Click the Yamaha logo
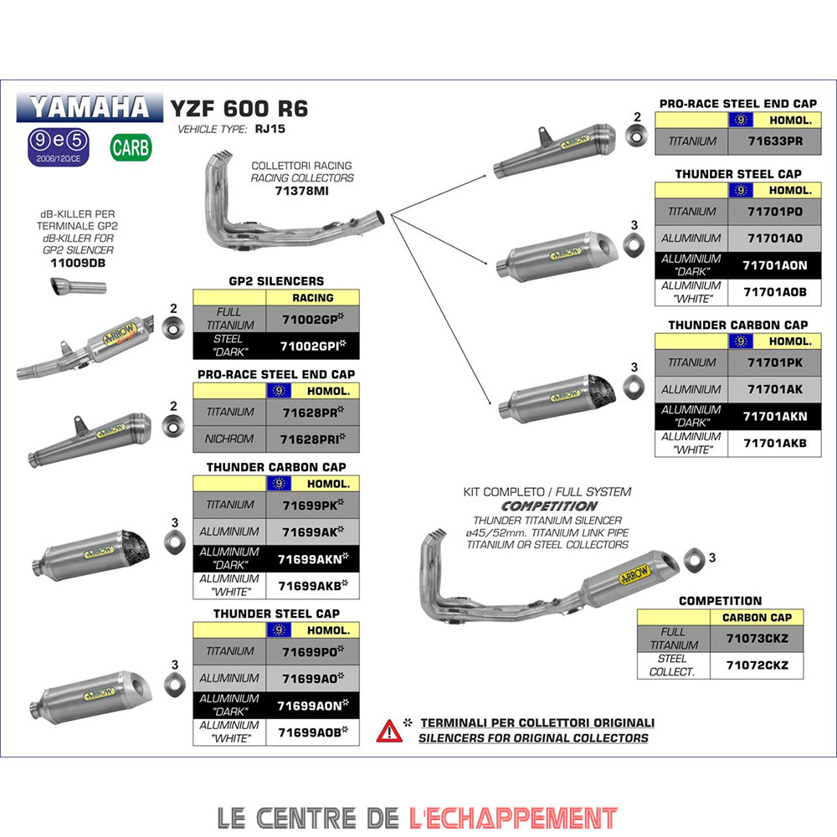pyautogui.click(x=88, y=107)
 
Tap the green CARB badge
pyautogui.click(x=131, y=147)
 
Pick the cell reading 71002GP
pyautogui.click(x=311, y=318)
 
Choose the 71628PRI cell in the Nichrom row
pyautogui.click(x=311, y=437)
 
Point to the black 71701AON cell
pyautogui.click(x=773, y=264)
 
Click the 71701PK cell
pyautogui.click(x=773, y=362)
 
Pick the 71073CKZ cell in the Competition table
pyautogui.click(x=757, y=639)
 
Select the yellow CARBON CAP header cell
pyautogui.click(x=757, y=618)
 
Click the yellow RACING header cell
pyautogui.click(x=311, y=297)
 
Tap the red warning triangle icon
pyautogui.click(x=388, y=731)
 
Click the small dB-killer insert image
pyautogui.click(x=76, y=288)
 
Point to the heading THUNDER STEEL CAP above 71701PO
pyautogui.click(x=737, y=174)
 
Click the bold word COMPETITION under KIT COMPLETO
pyautogui.click(x=549, y=506)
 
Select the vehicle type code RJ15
pyautogui.click(x=267, y=130)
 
